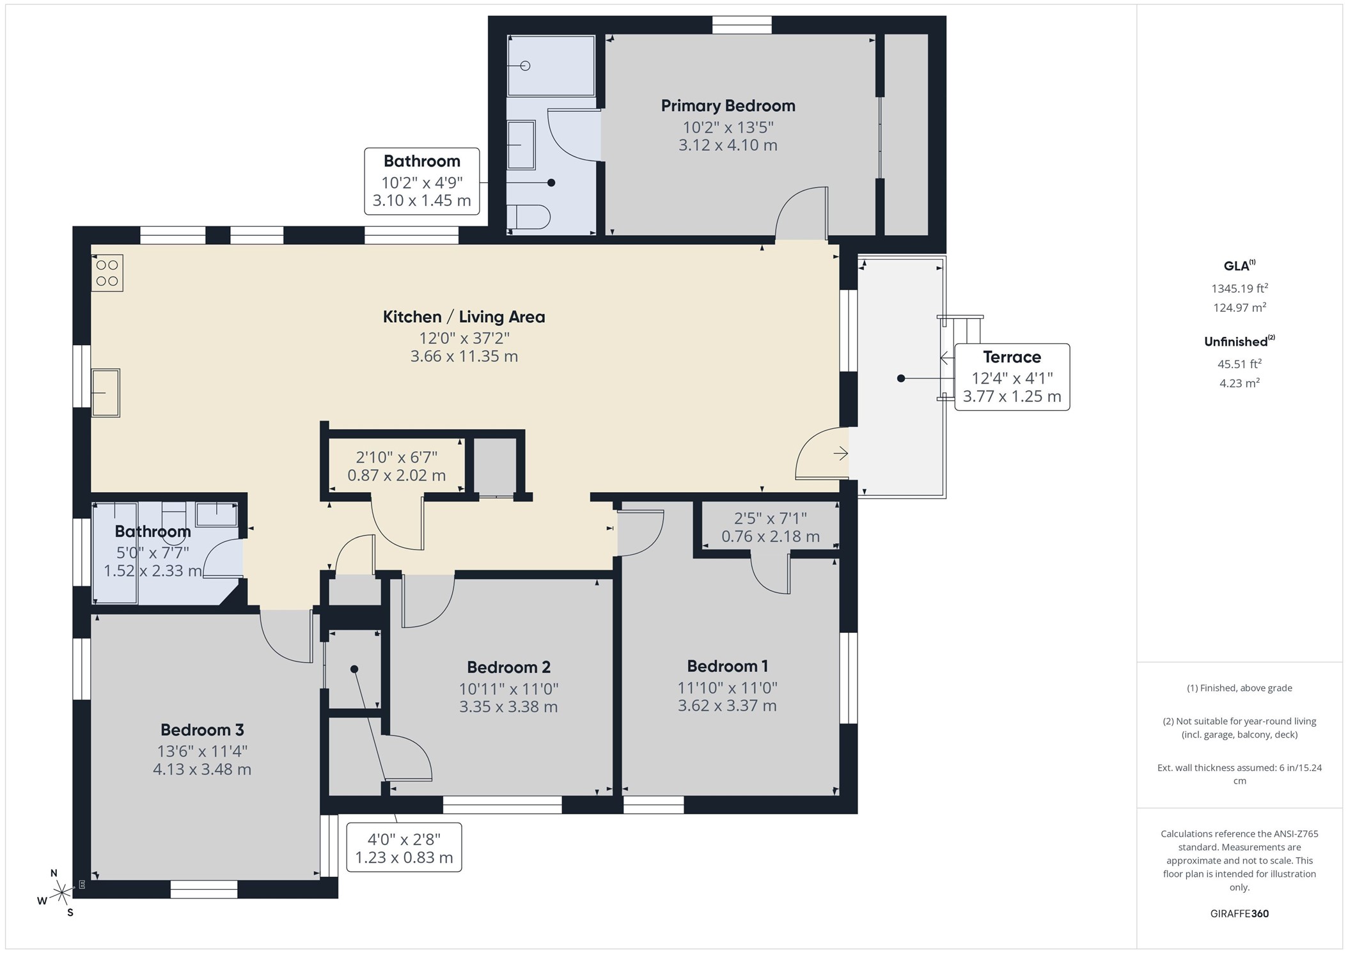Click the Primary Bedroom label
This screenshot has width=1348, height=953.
pos(728,106)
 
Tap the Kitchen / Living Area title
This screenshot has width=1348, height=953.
pos(464,317)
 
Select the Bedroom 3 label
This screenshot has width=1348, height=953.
pos(202,730)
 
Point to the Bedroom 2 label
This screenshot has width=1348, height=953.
pos(508,667)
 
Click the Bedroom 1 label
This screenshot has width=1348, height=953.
pos(727,666)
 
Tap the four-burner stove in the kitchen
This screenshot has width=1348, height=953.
pos(107,273)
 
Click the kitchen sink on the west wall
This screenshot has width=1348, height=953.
pos(106,393)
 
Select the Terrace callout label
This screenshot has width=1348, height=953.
pos(1012,376)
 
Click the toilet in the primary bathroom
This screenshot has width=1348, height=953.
pos(528,217)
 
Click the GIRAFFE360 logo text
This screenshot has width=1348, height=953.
pos(1239,913)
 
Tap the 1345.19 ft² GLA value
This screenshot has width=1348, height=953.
pos(1239,288)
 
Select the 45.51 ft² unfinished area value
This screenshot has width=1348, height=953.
pos(1239,364)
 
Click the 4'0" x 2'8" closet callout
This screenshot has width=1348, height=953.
pos(404,848)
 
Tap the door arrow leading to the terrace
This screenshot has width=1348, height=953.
pos(841,453)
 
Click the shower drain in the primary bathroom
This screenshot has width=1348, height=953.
pos(526,66)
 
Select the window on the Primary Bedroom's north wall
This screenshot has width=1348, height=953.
pos(742,25)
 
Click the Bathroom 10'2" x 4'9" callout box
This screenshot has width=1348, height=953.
pos(422,181)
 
